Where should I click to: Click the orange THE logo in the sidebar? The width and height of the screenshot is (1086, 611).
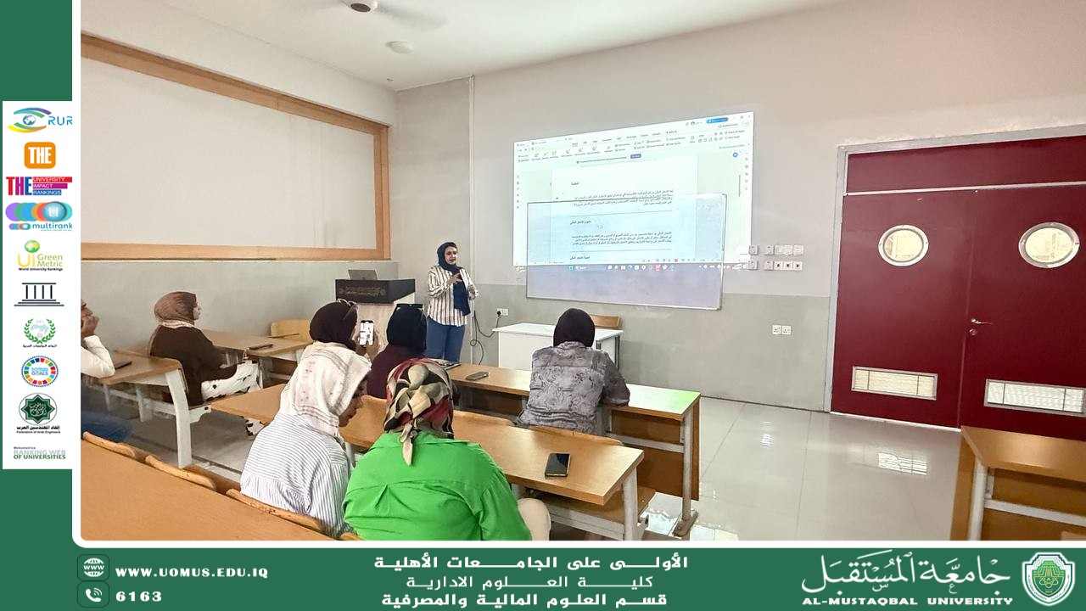[39, 155]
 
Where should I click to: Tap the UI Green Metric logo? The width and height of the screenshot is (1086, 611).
[39, 255]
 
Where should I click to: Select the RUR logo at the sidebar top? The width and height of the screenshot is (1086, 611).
[39, 121]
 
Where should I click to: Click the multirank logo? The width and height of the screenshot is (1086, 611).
[39, 216]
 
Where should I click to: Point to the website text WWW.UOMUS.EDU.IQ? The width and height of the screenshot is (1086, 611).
[192, 573]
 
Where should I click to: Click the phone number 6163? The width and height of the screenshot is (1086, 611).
[139, 597]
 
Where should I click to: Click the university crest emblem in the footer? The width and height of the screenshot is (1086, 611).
[1049, 578]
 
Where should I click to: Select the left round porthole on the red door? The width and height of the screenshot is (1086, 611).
[903, 245]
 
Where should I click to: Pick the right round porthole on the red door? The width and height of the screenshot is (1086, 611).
[1049, 244]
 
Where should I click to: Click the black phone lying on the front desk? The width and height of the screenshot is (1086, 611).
[557, 463]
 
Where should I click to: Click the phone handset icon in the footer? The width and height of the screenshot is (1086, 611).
[93, 595]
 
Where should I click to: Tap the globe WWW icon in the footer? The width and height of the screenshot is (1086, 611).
[93, 568]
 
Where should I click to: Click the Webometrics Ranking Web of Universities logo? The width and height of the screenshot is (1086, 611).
[39, 453]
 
